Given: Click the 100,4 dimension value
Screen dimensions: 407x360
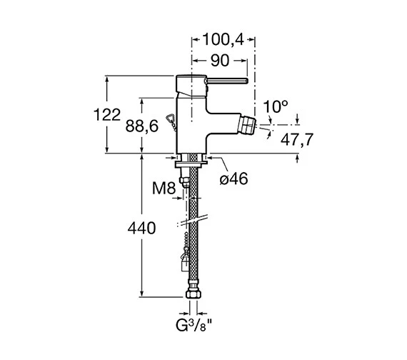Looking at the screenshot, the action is pos(223,40).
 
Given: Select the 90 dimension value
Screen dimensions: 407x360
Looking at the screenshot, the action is pos(220,61).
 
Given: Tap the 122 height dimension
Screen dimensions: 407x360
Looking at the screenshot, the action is pos(107,114).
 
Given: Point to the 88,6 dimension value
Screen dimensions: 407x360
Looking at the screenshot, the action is pos(141,126).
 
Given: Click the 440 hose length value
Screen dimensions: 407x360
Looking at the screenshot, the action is pos(141,229).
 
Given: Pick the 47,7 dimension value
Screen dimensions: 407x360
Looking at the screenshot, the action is pos(297,139).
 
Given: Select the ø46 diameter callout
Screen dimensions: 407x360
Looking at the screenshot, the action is pos(233,179).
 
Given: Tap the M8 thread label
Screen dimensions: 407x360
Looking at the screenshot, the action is pos(164,188).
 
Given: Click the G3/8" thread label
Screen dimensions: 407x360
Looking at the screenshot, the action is pos(194,325).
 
